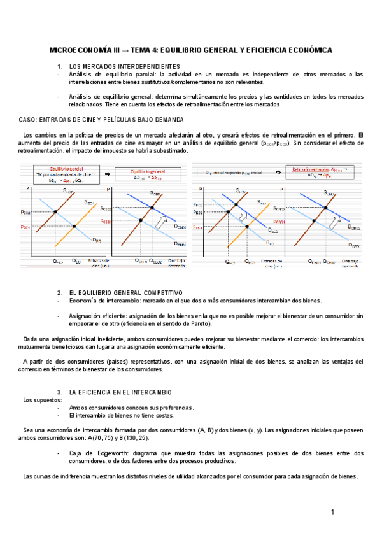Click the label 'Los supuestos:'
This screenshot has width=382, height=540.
(43, 400)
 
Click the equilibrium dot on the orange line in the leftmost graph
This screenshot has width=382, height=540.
(74, 226)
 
